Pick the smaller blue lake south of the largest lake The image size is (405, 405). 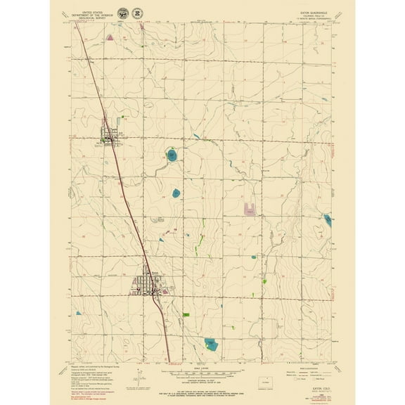175,192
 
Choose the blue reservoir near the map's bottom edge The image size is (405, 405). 210,343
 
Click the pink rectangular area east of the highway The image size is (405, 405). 247,208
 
